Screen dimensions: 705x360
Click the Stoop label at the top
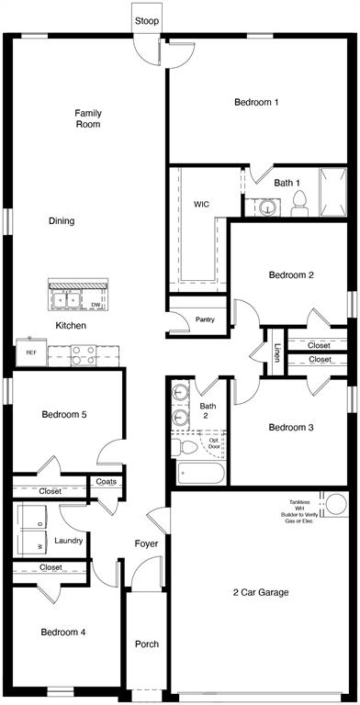tap(145, 20)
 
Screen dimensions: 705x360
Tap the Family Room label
tap(88, 118)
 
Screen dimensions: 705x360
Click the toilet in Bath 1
tap(299, 204)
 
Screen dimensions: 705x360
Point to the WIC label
tap(202, 204)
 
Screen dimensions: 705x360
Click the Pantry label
tap(205, 319)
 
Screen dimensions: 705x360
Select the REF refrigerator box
tap(30, 352)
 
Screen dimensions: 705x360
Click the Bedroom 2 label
tap(291, 274)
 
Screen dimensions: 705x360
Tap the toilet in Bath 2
tap(187, 446)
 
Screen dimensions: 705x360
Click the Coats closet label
tap(106, 481)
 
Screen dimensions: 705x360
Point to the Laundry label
tap(70, 541)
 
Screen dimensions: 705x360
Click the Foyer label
tap(146, 544)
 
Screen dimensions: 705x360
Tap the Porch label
tap(147, 644)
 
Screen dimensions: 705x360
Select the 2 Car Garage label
tap(260, 593)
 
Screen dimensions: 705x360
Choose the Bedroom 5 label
tap(64, 415)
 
